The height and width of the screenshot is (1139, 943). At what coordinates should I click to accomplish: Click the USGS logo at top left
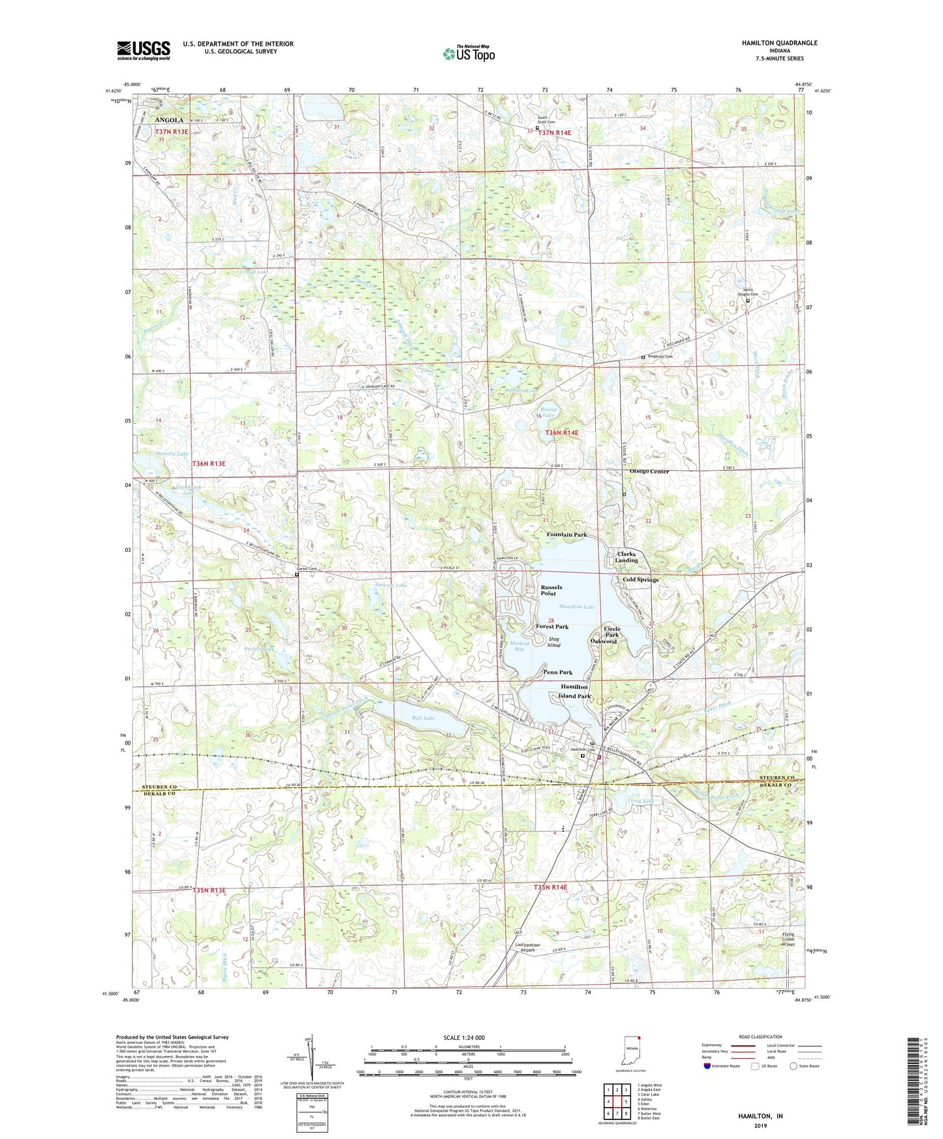click(144, 50)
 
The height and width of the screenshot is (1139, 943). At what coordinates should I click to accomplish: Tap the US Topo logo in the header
click(469, 53)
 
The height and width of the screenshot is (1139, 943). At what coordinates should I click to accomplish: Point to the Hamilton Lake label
click(577, 607)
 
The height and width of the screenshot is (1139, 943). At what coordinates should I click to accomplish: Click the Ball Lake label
click(423, 718)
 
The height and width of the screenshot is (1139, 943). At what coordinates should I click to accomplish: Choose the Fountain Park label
click(566, 534)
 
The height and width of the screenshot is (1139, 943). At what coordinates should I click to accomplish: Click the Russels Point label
click(551, 590)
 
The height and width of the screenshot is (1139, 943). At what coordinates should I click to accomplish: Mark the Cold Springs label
click(640, 579)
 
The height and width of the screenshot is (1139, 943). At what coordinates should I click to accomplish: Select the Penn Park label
click(558, 672)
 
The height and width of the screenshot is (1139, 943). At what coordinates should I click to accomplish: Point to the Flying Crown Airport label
click(788, 939)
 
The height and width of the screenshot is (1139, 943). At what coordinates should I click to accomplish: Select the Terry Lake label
click(640, 800)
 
